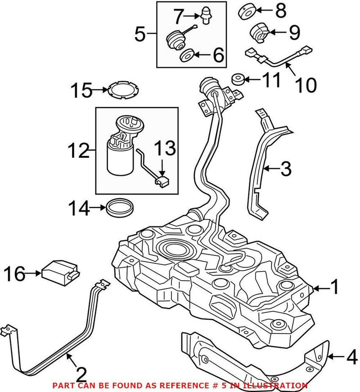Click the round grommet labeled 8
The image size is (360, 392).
coord(246,11)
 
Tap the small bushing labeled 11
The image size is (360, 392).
coord(239,80)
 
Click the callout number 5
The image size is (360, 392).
coord(140,34)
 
